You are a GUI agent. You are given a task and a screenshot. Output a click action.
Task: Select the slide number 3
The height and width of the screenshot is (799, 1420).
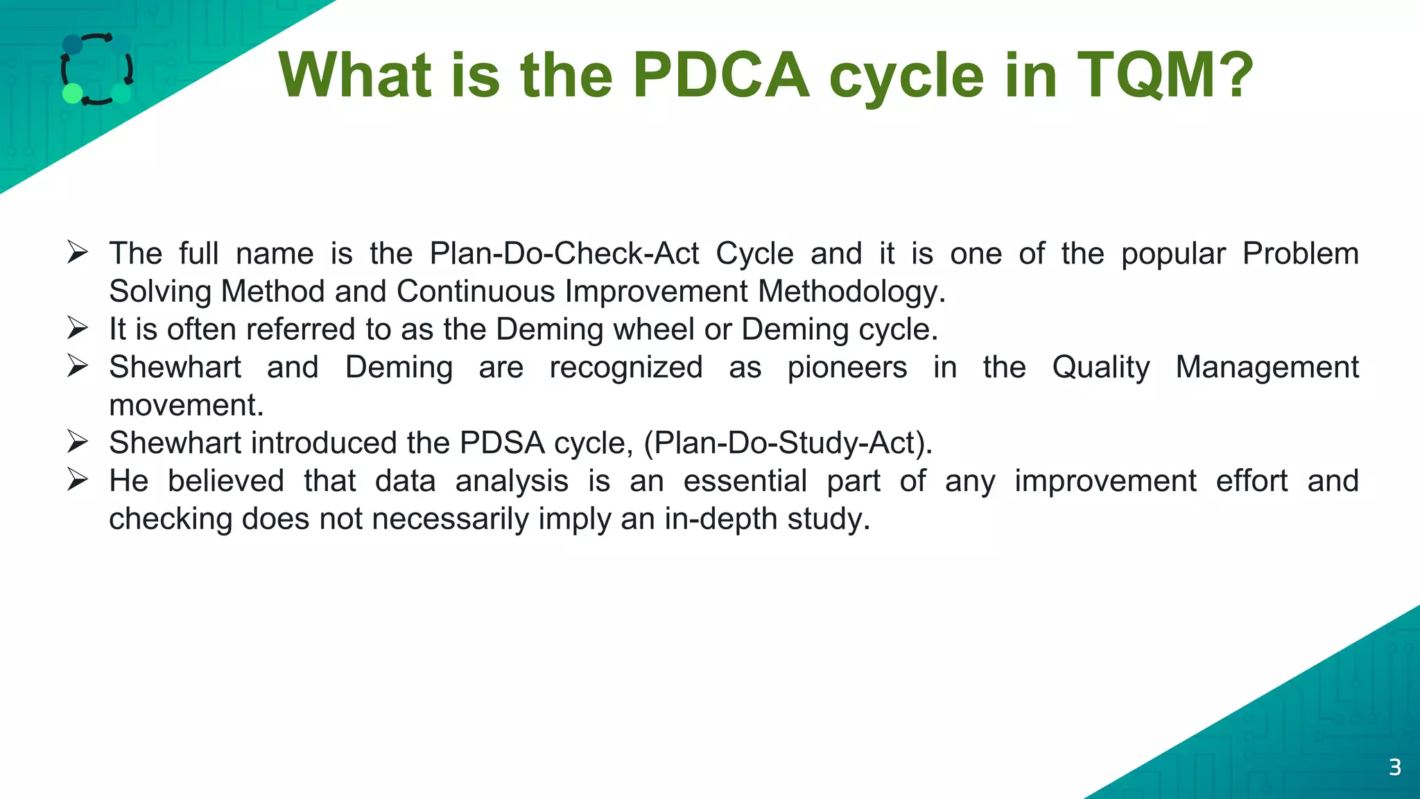[1395, 767]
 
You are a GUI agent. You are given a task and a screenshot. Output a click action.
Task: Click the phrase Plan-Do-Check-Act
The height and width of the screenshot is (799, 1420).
[564, 254]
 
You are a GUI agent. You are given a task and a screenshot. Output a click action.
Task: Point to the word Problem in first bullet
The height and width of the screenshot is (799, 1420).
[1300, 254]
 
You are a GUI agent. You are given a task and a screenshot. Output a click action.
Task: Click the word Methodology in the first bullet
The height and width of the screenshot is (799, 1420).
[851, 291]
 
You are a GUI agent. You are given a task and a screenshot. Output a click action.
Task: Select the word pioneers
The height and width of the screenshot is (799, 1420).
[847, 368]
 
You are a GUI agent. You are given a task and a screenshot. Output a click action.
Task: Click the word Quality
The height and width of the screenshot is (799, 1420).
[1100, 368]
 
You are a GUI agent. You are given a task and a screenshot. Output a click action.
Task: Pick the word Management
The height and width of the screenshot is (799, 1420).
[1267, 368]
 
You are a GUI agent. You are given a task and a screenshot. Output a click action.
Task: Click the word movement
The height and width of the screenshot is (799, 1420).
[186, 406]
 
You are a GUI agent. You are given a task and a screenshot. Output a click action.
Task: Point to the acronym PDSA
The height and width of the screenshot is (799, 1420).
[502, 443]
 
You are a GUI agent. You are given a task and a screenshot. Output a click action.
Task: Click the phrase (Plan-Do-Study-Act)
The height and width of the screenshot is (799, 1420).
[788, 443]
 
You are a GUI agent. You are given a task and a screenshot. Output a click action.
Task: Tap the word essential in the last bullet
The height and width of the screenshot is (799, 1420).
[745, 481]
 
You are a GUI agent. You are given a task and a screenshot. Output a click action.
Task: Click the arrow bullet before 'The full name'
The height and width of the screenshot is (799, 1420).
[78, 252]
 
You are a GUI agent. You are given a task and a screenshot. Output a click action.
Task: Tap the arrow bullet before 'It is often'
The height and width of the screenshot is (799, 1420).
[78, 328]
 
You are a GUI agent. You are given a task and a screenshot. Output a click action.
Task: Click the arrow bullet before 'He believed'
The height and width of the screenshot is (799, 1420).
[78, 480]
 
